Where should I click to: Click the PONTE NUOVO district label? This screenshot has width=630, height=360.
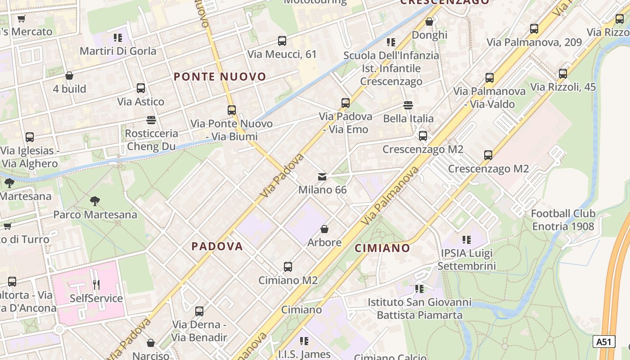(x=220, y=77)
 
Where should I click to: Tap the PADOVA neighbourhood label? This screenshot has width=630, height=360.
(x=217, y=247)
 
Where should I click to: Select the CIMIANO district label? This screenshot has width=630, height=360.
(x=382, y=248)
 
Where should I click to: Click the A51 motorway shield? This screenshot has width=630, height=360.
(x=603, y=342)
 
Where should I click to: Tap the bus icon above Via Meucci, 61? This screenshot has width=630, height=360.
(x=282, y=41)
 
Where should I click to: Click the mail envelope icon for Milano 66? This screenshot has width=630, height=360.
(x=322, y=177)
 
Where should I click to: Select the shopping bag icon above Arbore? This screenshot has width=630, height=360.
(x=324, y=229)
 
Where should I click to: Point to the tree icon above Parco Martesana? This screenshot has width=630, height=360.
(x=95, y=201)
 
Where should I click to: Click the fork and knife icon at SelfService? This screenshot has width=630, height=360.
(x=96, y=285)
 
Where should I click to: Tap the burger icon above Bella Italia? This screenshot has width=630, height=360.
(x=408, y=105)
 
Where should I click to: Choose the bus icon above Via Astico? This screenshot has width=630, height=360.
(x=141, y=88)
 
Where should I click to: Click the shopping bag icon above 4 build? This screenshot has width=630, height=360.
(x=69, y=76)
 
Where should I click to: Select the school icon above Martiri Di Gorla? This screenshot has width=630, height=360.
(x=118, y=38)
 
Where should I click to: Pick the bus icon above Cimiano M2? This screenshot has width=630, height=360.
(x=288, y=267)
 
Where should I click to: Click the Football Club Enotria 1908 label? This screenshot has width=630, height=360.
(x=563, y=220)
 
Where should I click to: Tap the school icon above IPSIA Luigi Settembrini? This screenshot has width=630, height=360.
(x=467, y=240)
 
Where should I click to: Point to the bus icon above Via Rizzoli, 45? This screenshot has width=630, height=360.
(x=562, y=74)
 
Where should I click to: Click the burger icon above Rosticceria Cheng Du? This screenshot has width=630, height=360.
(x=151, y=120)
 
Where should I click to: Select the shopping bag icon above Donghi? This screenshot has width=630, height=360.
(x=429, y=22)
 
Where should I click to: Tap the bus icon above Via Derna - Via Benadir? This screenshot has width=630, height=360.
(x=199, y=311)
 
